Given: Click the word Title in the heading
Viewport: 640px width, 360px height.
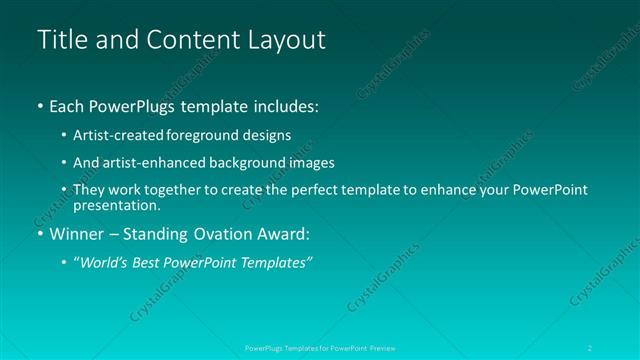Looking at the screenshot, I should pos(60,40).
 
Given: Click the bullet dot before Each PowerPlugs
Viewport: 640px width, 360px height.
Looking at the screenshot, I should pos(39,106).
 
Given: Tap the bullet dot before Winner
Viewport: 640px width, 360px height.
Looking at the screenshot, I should pos(39,236).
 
